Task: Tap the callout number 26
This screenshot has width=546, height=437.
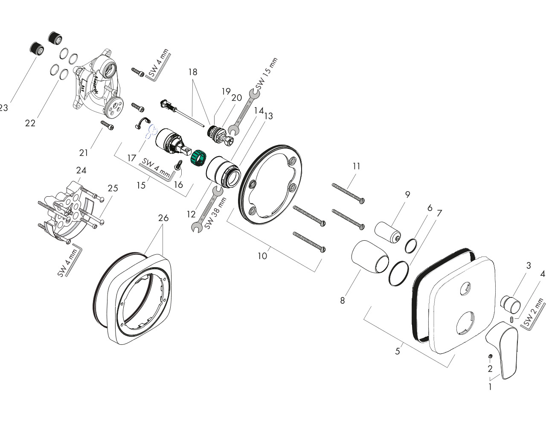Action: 163,218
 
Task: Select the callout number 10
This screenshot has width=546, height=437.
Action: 262,256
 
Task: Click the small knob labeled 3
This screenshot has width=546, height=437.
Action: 511,304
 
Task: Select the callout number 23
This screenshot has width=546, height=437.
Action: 3,108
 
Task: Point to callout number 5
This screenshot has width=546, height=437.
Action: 398,351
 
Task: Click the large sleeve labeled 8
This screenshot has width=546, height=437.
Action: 369,256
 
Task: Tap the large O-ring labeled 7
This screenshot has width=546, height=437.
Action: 398,274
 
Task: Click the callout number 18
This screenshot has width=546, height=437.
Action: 193,72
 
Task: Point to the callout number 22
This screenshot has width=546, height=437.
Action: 30,123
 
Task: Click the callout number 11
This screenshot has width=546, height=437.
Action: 356,166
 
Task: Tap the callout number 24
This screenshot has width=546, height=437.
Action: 81,170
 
